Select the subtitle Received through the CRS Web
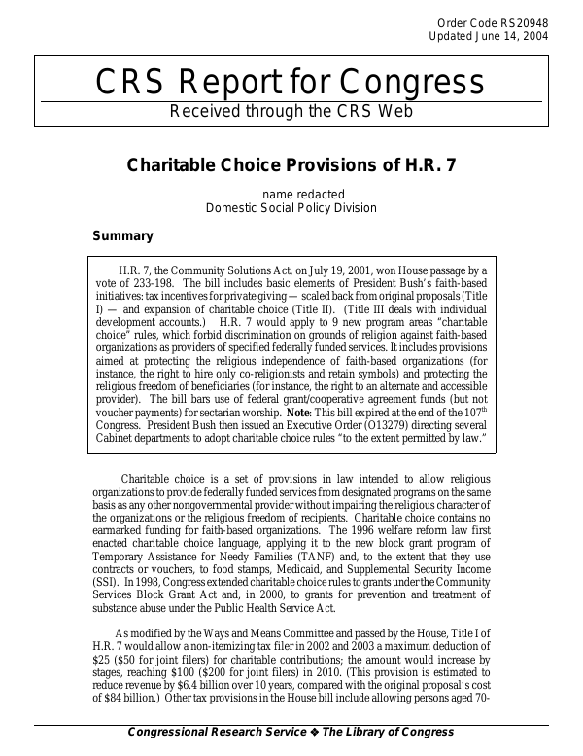point(291,110)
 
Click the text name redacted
point(291,194)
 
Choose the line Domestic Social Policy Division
point(291,207)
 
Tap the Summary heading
point(122,235)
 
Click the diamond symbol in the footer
point(316,732)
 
